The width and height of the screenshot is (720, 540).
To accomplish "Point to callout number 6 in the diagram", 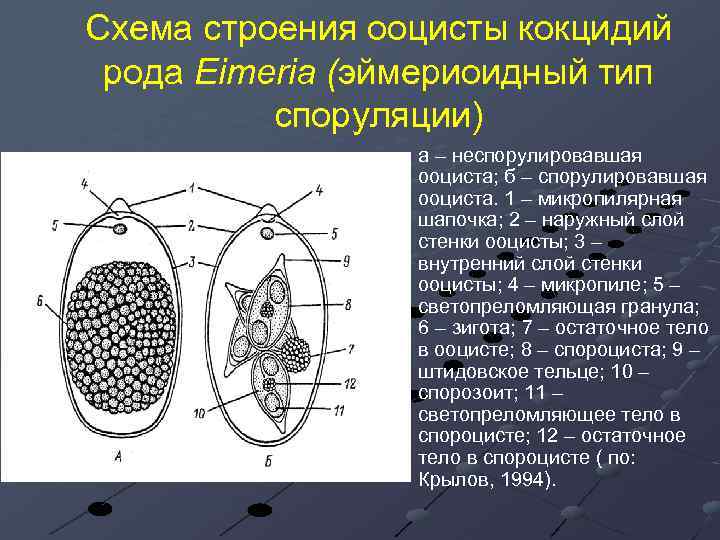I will pos(37,299).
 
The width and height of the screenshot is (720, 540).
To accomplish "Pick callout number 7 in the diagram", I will pos(350,349).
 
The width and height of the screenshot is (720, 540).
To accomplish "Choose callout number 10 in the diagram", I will pos(200,411).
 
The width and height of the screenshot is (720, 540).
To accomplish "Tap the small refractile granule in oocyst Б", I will pos(267,233).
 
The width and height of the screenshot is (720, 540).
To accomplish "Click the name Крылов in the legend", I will pos(449,480).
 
